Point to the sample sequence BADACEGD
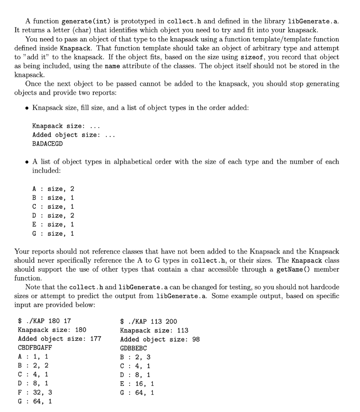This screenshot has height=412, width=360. click(47, 144)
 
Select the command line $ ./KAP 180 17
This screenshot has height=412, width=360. click(45, 321)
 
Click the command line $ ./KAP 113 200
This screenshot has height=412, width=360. click(148, 321)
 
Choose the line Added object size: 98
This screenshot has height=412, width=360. click(160, 339)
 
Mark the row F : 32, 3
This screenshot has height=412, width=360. click(35, 392)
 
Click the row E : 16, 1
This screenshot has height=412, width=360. click(137, 383)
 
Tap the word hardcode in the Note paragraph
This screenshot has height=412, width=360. click(324, 287)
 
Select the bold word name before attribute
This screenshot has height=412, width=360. click(111, 66)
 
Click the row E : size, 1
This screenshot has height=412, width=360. click(53, 224)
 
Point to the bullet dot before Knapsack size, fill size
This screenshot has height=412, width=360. click(27, 108)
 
